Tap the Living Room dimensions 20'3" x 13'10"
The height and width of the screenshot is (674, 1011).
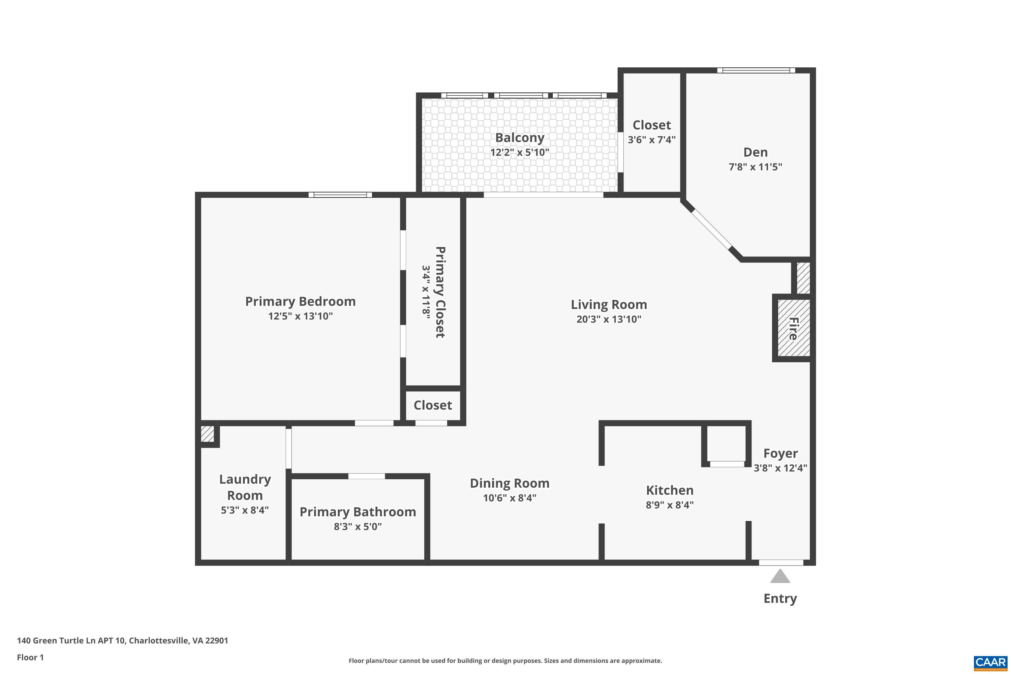608,319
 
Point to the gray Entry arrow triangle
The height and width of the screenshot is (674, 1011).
780,576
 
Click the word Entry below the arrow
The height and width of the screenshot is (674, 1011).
780,599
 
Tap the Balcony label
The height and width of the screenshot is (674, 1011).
519,137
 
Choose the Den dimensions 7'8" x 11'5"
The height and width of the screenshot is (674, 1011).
755,167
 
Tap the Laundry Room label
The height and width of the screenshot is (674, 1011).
245,487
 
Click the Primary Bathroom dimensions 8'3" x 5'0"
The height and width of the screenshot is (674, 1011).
357,526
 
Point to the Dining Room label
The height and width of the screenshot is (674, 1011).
509,483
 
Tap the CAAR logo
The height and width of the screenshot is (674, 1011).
990,662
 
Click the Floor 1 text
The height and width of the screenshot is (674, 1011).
30,657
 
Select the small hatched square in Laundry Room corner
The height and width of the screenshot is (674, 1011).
207,434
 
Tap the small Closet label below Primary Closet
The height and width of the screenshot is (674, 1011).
432,405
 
